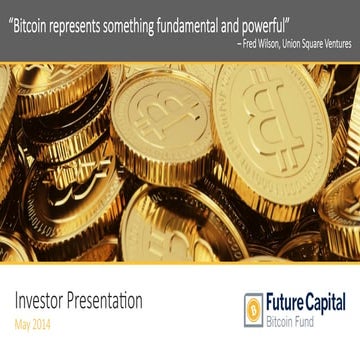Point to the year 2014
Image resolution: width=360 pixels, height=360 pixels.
pos(43,324)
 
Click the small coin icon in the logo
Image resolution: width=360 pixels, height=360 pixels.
pos(254,309)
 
